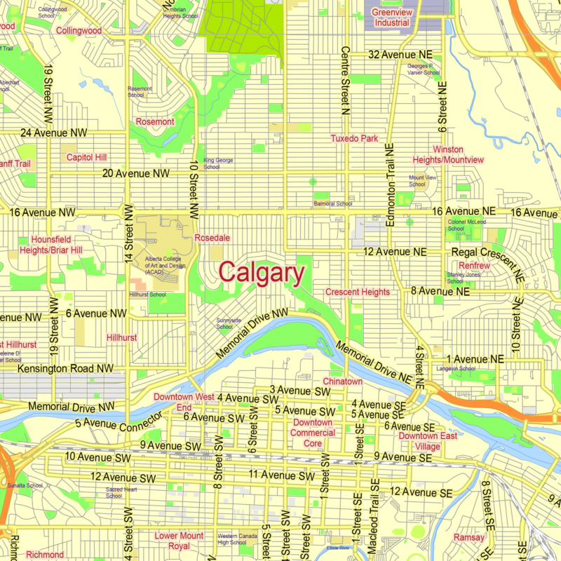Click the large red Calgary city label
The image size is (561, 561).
pyautogui.click(x=262, y=273)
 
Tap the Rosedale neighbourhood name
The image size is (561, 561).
pyautogui.click(x=212, y=237)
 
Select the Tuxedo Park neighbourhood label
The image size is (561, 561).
pyautogui.click(x=354, y=138)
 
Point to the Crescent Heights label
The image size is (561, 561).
pyautogui.click(x=357, y=291)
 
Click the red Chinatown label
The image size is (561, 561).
pyautogui.click(x=342, y=381)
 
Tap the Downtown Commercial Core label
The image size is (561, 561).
pyautogui.click(x=312, y=433)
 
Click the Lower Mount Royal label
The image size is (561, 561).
pyautogui.click(x=179, y=541)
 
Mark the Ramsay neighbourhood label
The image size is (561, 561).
pyautogui.click(x=468, y=537)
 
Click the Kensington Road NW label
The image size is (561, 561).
pyautogui.click(x=65, y=368)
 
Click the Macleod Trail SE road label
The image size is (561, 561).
pyautogui.click(x=375, y=512)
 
